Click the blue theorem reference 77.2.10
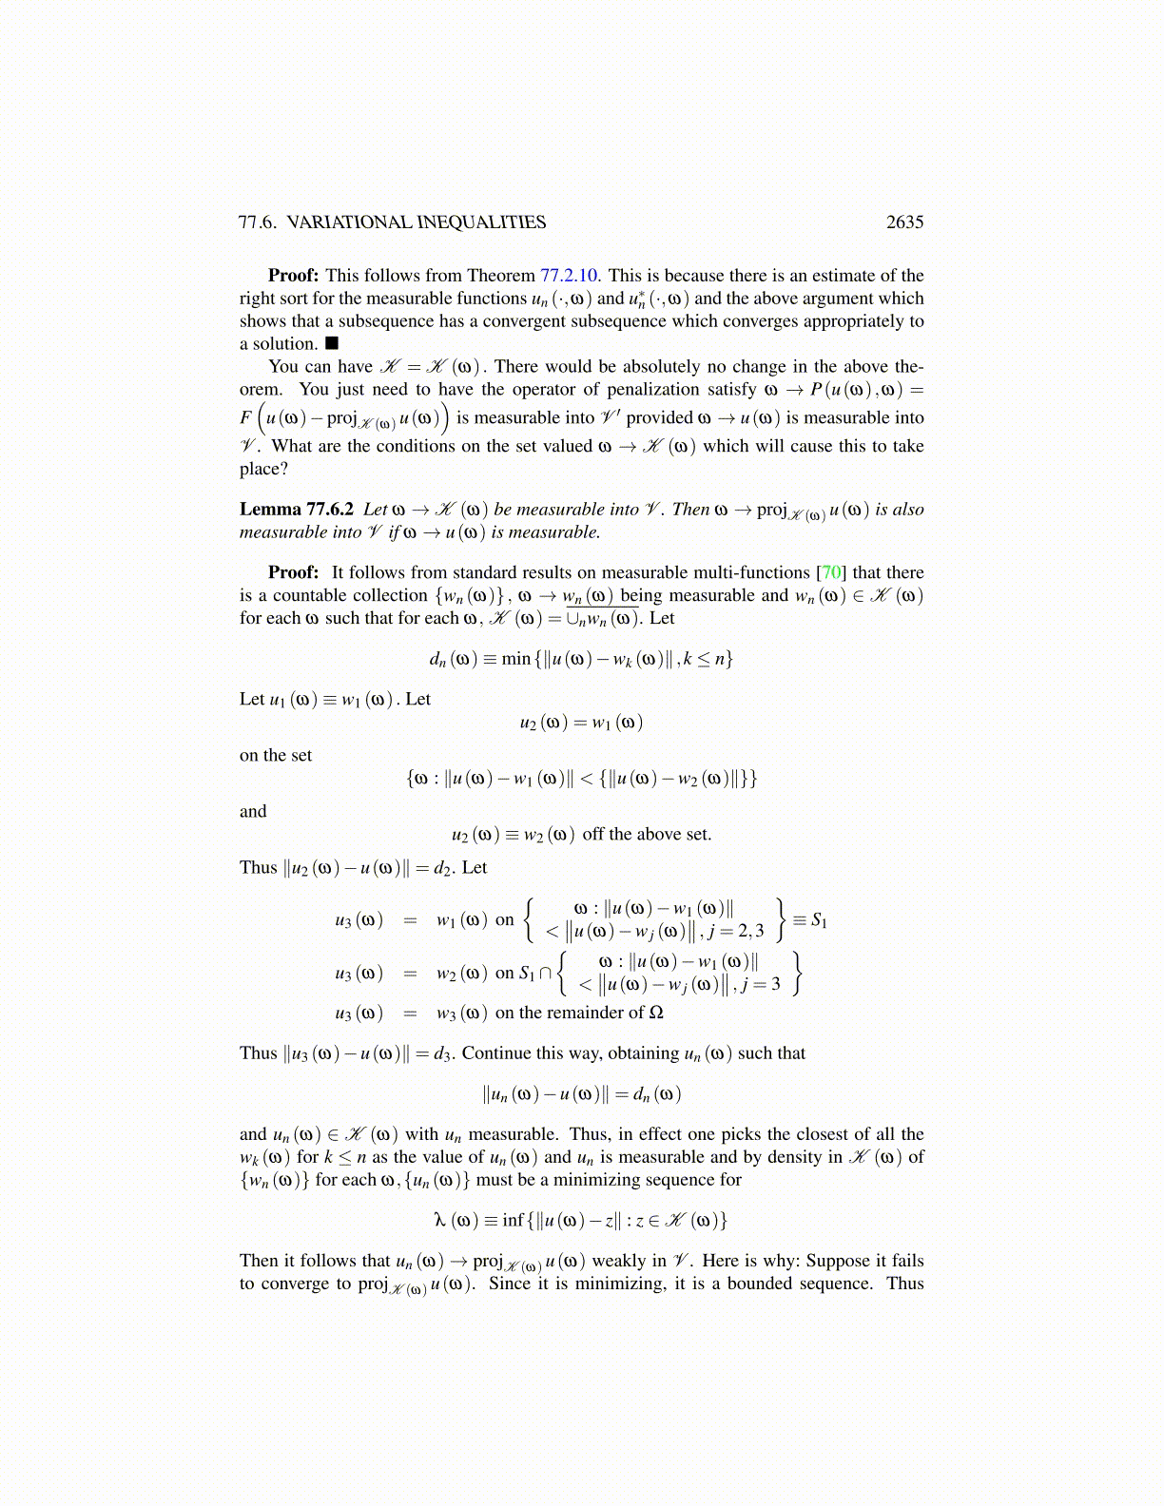[568, 275]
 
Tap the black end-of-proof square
[332, 343]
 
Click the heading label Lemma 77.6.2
[297, 509]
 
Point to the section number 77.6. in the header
[257, 222]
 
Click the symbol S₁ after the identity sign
[819, 919]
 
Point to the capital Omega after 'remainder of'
[655, 1013]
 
